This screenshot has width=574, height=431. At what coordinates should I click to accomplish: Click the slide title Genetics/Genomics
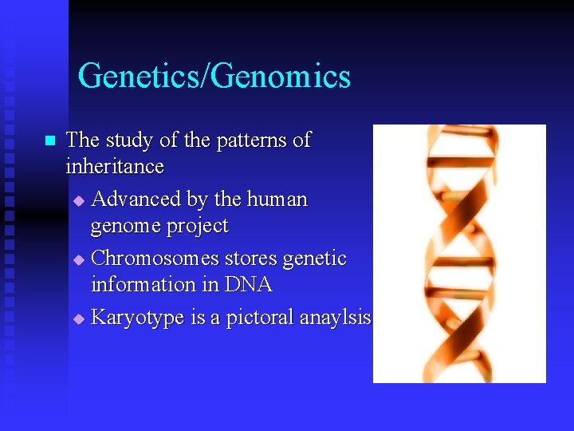(214, 77)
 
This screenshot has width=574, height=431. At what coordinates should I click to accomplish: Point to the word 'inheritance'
(115, 167)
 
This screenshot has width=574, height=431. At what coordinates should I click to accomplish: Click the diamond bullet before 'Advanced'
(78, 199)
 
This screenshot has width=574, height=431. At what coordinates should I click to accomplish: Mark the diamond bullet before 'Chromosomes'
(78, 259)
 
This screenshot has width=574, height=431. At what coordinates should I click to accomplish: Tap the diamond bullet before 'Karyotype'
(78, 318)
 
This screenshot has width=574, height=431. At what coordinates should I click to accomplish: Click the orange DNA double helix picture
(459, 254)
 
